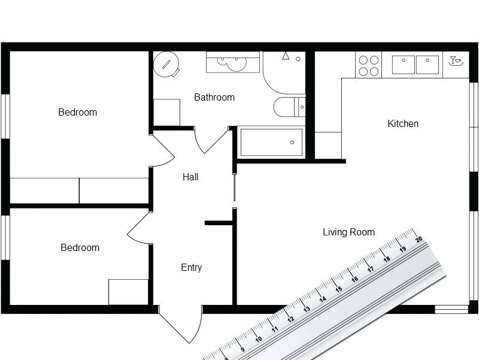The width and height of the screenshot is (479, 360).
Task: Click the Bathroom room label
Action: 214,97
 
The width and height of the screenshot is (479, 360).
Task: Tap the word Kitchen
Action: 403,124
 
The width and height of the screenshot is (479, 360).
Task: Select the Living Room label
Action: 348,232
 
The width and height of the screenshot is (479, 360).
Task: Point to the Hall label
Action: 190,177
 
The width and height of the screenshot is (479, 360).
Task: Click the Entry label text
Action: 191,268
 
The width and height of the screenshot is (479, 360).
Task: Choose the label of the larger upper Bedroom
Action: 77,113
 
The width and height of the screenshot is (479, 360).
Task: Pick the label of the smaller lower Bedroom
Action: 80,248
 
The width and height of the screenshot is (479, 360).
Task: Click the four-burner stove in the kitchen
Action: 368,65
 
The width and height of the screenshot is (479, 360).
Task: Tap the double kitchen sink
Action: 416,65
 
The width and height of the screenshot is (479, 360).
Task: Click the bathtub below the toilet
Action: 271,143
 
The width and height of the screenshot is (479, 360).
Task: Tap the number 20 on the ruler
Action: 419,239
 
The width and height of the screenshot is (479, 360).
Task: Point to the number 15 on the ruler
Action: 338,289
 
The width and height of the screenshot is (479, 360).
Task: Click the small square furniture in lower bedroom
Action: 128,292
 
